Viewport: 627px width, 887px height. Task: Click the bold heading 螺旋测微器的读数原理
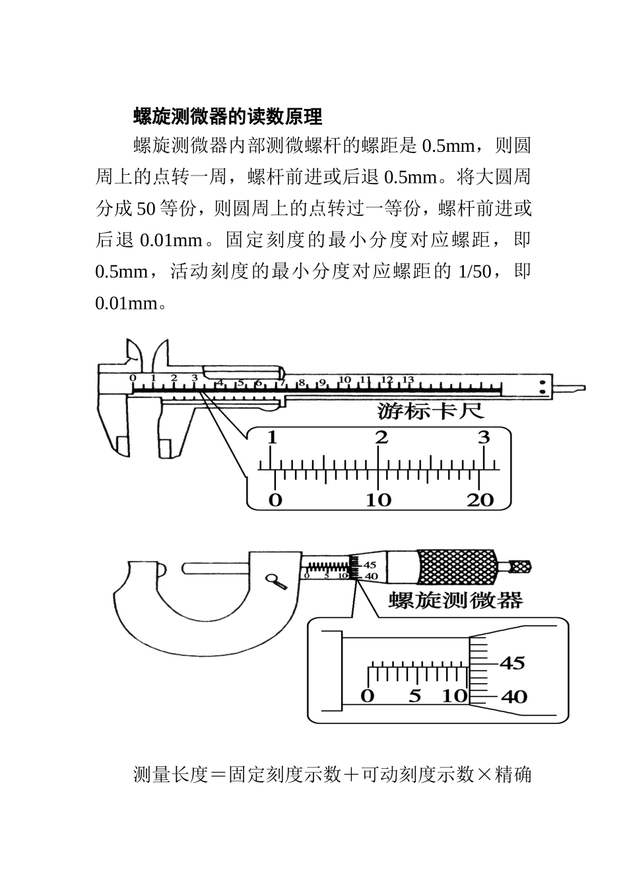pyautogui.click(x=227, y=117)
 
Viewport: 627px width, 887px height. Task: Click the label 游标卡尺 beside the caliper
pyautogui.click(x=431, y=412)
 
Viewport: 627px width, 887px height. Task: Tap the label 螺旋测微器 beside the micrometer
pyautogui.click(x=456, y=600)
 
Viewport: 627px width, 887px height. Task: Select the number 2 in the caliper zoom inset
pyautogui.click(x=381, y=438)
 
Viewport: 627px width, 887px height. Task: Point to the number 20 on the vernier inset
pyautogui.click(x=480, y=500)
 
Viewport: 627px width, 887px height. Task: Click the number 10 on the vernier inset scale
pyautogui.click(x=378, y=500)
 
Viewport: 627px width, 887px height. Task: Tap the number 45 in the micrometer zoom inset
pyautogui.click(x=511, y=663)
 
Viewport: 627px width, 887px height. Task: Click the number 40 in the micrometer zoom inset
pyautogui.click(x=513, y=696)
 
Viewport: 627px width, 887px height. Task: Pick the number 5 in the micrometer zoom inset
pyautogui.click(x=414, y=696)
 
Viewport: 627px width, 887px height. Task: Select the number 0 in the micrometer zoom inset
pyautogui.click(x=368, y=696)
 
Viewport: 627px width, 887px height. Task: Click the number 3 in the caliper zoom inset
pyautogui.click(x=484, y=438)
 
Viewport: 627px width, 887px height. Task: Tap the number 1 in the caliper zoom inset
pyautogui.click(x=272, y=438)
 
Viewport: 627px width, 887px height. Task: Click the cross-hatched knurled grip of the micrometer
pyautogui.click(x=456, y=567)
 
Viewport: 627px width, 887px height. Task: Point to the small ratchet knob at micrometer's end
pyautogui.click(x=520, y=566)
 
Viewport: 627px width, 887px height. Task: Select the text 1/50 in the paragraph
pyautogui.click(x=474, y=272)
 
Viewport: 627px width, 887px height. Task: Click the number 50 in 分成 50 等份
pyautogui.click(x=146, y=209)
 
